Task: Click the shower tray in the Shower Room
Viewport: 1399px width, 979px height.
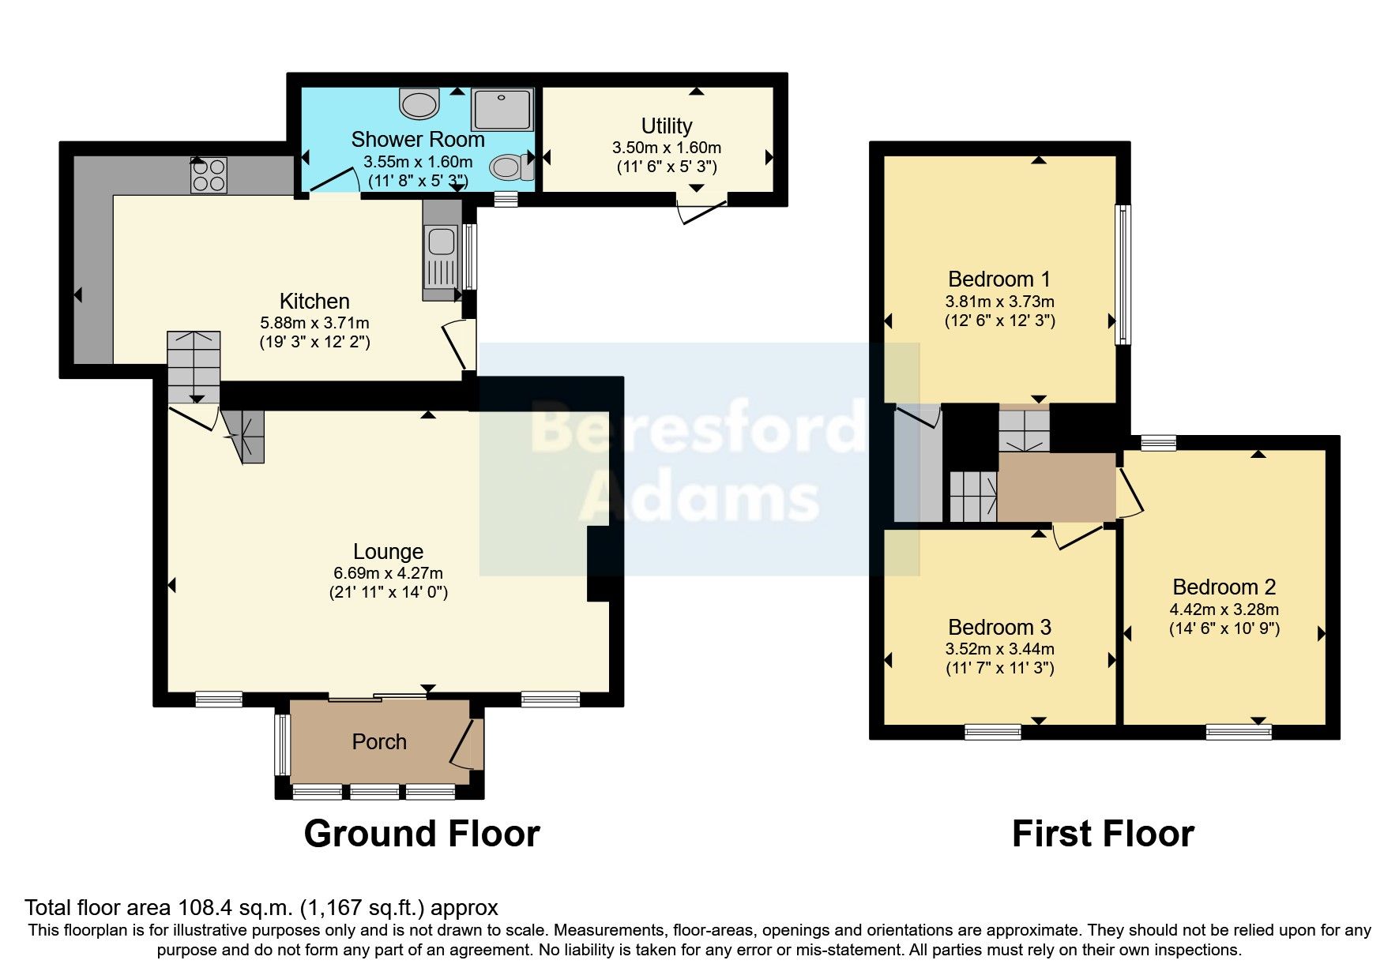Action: tap(502, 110)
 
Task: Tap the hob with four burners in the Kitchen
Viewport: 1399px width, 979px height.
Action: tap(209, 175)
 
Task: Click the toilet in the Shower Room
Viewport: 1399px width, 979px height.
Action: tap(510, 167)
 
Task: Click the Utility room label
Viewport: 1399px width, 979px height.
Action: tap(667, 126)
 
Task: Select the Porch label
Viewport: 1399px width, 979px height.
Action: tap(379, 742)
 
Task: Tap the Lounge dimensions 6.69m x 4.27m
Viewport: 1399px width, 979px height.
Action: tap(388, 573)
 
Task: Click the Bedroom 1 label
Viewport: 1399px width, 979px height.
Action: tap(999, 279)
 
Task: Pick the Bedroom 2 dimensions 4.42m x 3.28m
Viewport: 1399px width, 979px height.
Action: tap(1224, 610)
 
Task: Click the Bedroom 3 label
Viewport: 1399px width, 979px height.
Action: tap(999, 628)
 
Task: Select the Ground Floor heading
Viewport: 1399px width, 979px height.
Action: tap(421, 835)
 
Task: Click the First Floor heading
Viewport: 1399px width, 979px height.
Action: tap(1103, 835)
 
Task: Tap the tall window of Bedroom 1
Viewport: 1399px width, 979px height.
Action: tap(1123, 275)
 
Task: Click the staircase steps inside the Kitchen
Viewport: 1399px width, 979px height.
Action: tap(193, 365)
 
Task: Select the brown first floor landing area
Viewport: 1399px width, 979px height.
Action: tap(1056, 486)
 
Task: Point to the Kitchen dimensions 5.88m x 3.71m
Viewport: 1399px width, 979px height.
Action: tap(314, 323)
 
